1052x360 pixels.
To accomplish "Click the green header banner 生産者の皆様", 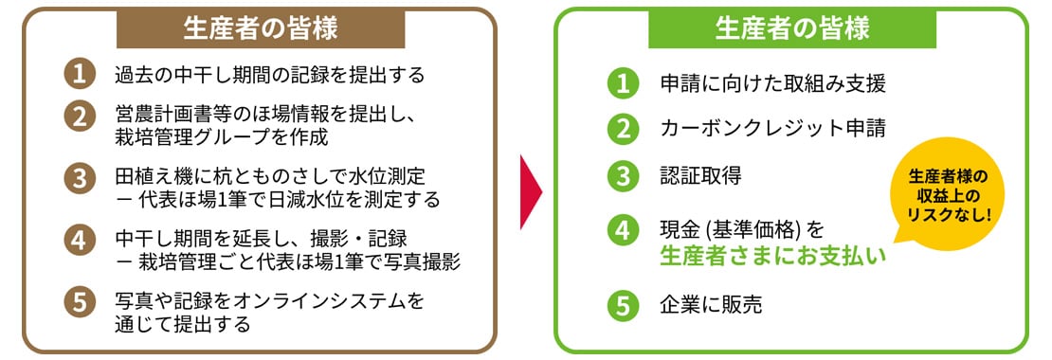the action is pyautogui.click(x=791, y=28).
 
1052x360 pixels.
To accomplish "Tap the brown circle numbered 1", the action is pyautogui.click(x=79, y=74).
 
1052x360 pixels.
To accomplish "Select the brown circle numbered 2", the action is pyautogui.click(x=79, y=116).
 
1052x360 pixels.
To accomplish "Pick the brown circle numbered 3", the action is pyautogui.click(x=79, y=177).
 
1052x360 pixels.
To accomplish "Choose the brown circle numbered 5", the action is pyautogui.click(x=79, y=302).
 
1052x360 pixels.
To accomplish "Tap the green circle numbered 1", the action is pyautogui.click(x=621, y=83).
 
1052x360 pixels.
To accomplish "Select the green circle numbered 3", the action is pyautogui.click(x=621, y=174).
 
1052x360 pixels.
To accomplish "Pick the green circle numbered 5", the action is pyautogui.click(x=621, y=305).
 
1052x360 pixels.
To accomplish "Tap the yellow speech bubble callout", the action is pyautogui.click(x=948, y=199).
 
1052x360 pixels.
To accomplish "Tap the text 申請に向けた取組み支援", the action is pyautogui.click(x=772, y=83).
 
